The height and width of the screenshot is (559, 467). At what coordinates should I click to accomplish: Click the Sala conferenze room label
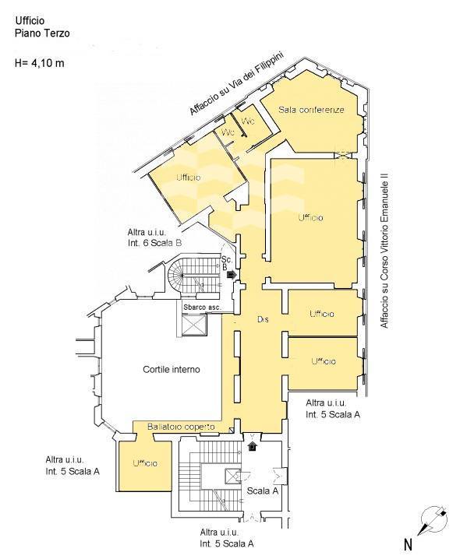(x=311, y=110)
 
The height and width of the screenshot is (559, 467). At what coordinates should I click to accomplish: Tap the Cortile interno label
(x=172, y=369)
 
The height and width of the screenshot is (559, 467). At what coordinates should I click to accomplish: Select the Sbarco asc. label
(x=202, y=307)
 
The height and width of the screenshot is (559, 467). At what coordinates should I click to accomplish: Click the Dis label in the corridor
(x=263, y=319)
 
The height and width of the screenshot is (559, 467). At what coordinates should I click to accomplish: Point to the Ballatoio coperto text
(x=181, y=427)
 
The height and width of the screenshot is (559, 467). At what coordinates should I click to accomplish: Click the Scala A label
(x=263, y=491)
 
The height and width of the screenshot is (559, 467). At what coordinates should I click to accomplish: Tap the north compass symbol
(x=433, y=520)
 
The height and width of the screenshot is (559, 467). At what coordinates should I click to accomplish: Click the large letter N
(x=408, y=544)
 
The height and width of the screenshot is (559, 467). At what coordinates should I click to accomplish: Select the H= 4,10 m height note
(x=40, y=63)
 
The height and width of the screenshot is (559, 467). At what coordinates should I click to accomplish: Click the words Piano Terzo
(x=42, y=33)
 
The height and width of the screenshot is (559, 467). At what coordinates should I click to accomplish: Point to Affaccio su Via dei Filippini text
(x=236, y=84)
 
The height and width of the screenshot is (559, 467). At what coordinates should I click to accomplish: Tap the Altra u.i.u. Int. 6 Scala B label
(x=154, y=237)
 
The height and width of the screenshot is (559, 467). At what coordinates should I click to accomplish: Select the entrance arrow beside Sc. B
(x=231, y=274)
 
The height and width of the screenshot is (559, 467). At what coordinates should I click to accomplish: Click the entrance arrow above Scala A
(x=253, y=446)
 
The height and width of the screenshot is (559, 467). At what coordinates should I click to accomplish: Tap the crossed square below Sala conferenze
(x=343, y=155)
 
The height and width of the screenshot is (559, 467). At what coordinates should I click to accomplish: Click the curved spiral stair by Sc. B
(x=175, y=276)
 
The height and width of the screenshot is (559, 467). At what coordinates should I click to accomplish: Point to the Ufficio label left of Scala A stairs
(x=145, y=463)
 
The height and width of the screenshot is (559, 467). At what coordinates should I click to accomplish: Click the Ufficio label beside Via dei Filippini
(x=188, y=178)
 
